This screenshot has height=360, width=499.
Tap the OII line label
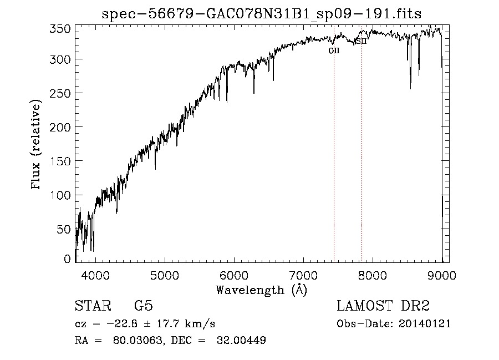point(334,50)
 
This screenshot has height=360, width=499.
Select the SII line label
point(361,42)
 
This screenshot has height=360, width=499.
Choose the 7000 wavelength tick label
point(303,275)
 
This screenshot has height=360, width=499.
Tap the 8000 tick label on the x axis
point(373,275)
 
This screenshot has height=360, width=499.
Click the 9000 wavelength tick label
point(442,275)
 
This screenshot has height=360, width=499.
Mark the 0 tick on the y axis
point(68,259)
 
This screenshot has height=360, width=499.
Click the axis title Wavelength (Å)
point(261,290)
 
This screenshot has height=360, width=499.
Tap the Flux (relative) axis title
point(37,145)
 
